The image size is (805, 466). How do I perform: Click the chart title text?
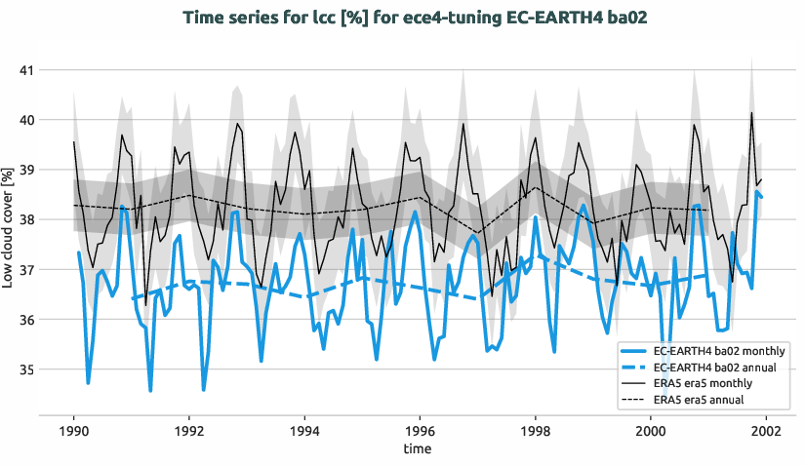tap(402, 16)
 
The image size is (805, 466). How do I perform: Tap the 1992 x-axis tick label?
tap(188, 430)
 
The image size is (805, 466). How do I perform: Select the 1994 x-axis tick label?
tap(304, 430)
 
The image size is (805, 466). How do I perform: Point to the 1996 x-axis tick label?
tap(420, 430)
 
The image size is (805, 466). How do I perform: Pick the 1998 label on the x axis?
tap(535, 430)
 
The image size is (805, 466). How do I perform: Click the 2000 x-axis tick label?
tap(651, 430)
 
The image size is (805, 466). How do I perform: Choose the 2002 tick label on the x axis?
tap(766, 430)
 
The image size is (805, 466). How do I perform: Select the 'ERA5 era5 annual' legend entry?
tap(702, 400)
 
